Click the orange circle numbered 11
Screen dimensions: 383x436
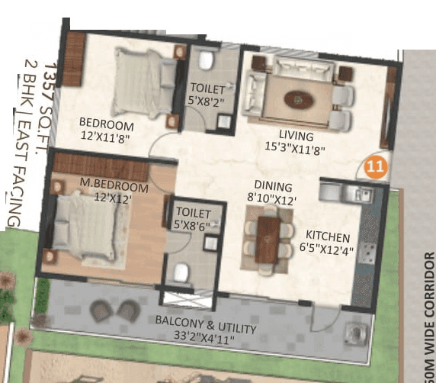(374, 164)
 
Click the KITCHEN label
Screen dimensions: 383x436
(328, 237)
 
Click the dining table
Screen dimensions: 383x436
(267, 238)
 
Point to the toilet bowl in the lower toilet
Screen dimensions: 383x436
(181, 272)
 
